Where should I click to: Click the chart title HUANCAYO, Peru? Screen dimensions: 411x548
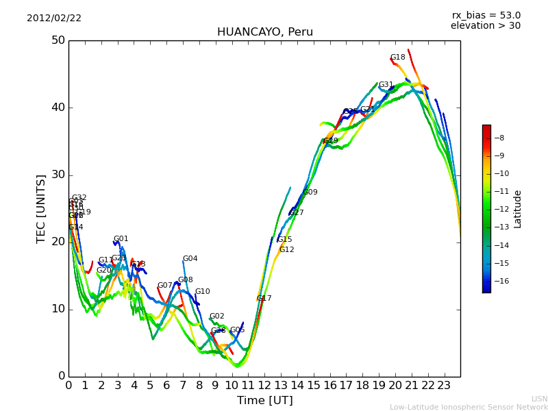tap(264, 32)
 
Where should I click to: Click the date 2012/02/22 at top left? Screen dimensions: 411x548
tap(54, 18)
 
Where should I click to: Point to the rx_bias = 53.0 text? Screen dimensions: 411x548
tap(486, 16)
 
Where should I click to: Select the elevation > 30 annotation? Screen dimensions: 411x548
tap(485, 26)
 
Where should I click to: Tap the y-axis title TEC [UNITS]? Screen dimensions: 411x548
tap(41, 208)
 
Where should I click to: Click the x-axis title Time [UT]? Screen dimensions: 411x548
tap(264, 401)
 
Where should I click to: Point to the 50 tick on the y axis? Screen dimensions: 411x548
tap(58, 40)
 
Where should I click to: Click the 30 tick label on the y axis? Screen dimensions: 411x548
tap(58, 175)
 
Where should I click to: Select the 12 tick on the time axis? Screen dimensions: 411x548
tap(264, 385)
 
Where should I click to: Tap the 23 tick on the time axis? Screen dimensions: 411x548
tap(444, 385)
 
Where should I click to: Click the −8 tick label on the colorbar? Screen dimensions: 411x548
tap(499, 138)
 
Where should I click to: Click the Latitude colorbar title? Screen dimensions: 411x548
tap(518, 209)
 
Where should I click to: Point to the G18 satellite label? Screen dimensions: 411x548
tap(397, 58)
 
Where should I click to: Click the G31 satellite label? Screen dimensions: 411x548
tap(386, 85)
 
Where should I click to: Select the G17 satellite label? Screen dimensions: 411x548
tap(264, 299)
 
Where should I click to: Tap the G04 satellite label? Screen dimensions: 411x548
tap(190, 259)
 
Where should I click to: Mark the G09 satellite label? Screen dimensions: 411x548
tap(310, 192)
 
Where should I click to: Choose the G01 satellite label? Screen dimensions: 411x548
tap(121, 239)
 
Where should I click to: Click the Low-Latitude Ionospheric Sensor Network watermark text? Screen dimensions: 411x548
tap(469, 408)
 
